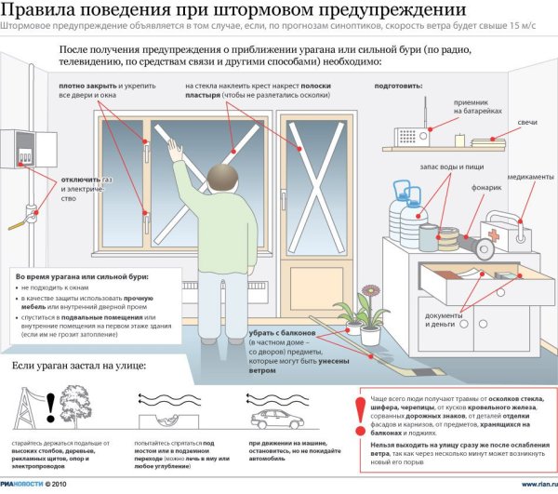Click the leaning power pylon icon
[x=35, y=404]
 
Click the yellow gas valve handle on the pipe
[x=17, y=223]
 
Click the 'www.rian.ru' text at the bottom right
[x=538, y=484]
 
